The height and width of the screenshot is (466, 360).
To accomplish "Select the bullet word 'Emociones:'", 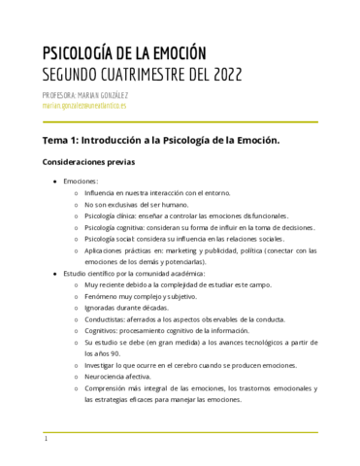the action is [x=81, y=182].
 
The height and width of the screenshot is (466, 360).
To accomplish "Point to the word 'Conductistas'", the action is [x=109, y=316].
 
